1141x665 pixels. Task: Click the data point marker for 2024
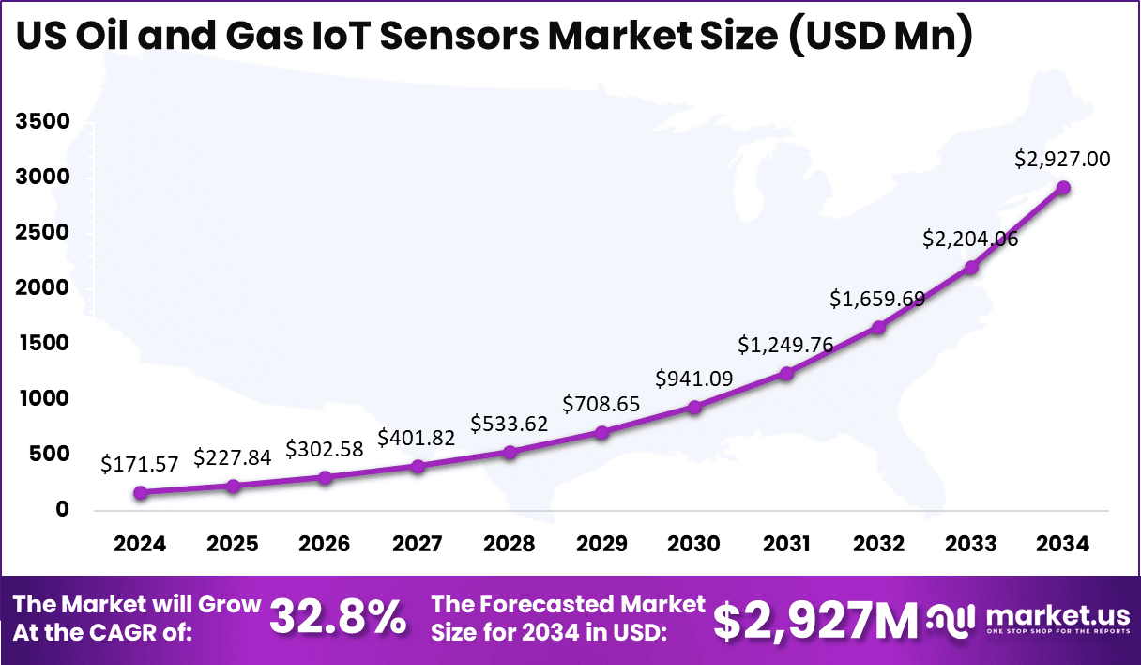click(x=141, y=492)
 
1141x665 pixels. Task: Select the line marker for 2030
click(x=694, y=408)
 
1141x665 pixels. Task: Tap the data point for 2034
click(x=1063, y=188)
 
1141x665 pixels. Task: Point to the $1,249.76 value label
click(x=786, y=345)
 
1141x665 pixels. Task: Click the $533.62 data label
click(x=510, y=424)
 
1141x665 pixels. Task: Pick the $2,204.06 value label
click(x=971, y=239)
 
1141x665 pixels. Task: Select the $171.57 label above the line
click(x=141, y=464)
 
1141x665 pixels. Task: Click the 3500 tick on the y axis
click(x=42, y=122)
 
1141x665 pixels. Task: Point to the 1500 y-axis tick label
click(x=42, y=344)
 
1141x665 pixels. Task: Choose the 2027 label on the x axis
click(x=418, y=545)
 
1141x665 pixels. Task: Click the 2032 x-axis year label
click(x=879, y=545)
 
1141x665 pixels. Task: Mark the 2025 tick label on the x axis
click(x=233, y=545)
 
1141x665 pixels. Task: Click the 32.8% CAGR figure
click(x=339, y=618)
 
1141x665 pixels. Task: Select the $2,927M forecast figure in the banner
click(x=814, y=620)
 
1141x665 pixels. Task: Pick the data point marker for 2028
click(x=510, y=452)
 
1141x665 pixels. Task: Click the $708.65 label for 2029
click(x=601, y=404)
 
